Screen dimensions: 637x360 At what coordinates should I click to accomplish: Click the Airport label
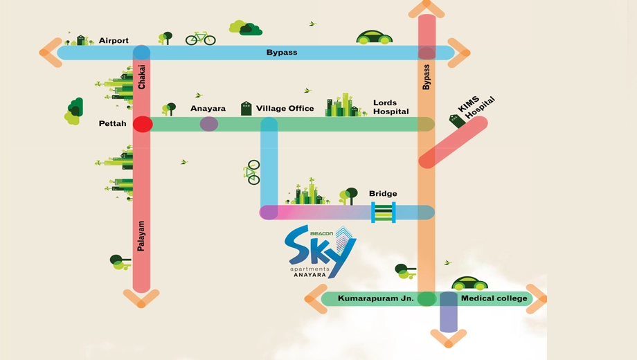114,41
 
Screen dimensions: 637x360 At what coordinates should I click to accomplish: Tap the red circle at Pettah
143,124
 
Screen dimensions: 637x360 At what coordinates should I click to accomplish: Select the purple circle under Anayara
209,124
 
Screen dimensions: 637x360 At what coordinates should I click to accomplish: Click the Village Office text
285,109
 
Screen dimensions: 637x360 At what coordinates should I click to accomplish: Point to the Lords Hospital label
391,107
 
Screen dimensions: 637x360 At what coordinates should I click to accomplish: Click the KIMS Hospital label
476,107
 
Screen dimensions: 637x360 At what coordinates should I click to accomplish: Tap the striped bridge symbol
384,213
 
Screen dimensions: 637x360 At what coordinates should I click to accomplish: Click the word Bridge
383,193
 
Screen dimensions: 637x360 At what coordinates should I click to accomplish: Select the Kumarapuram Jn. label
376,298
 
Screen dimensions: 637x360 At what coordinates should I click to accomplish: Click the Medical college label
494,298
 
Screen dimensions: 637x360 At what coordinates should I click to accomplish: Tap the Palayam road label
141,235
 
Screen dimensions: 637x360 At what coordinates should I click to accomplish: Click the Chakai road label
141,77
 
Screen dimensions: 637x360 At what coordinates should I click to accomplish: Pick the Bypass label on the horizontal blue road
282,53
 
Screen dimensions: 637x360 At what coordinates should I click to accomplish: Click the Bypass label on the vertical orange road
426,78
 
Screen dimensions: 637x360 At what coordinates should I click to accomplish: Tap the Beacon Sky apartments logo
320,252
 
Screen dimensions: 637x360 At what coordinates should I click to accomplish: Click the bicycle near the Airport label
200,38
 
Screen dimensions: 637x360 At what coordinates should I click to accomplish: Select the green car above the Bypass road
374,37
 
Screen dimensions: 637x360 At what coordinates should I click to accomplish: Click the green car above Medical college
469,283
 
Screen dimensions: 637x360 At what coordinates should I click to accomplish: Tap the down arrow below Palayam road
141,298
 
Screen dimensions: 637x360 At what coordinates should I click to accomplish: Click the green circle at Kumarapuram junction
427,298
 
